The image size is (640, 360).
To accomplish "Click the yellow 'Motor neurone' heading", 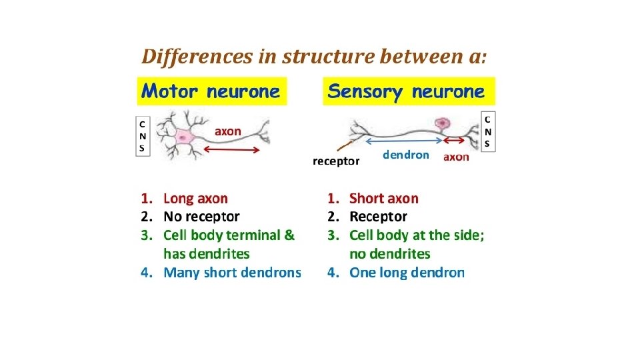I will pos(211,91).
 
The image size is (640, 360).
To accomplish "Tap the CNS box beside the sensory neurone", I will pos(488,131).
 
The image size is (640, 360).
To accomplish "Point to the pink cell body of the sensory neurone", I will pos(441,123).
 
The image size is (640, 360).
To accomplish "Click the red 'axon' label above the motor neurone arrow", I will pos(228,131).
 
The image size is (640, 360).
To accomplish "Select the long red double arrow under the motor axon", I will pos(231,150).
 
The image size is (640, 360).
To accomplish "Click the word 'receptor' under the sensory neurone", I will pos(337,161).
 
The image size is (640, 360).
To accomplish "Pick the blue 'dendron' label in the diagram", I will pos(406,155).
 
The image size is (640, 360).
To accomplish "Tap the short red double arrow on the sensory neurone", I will pos(455,141).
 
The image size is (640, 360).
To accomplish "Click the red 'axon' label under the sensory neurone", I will pos(456,157).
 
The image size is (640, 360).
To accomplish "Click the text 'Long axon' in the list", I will pos(195,198).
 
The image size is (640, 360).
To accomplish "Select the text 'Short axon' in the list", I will pos(384,198).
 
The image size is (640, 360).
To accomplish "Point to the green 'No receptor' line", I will pos(201,217).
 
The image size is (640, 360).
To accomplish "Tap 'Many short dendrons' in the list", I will pos(232,272).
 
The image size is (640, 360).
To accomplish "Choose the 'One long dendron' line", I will pos(407,272).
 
